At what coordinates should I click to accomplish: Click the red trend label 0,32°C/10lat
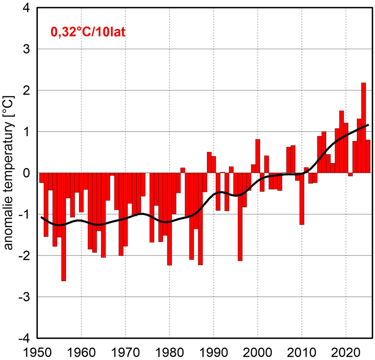tap(88, 32)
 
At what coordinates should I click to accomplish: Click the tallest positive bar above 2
tap(364, 127)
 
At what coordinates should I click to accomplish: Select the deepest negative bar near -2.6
tap(64, 227)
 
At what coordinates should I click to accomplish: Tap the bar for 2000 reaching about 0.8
tap(258, 156)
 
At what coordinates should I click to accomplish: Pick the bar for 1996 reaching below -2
tap(240, 217)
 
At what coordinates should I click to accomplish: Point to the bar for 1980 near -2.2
tap(169, 219)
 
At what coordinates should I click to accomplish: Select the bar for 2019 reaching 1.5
tap(341, 141)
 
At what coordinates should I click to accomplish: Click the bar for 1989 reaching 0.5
tap(209, 162)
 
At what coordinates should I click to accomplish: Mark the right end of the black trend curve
tap(368, 125)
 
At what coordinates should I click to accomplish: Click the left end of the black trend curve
tap(42, 217)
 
